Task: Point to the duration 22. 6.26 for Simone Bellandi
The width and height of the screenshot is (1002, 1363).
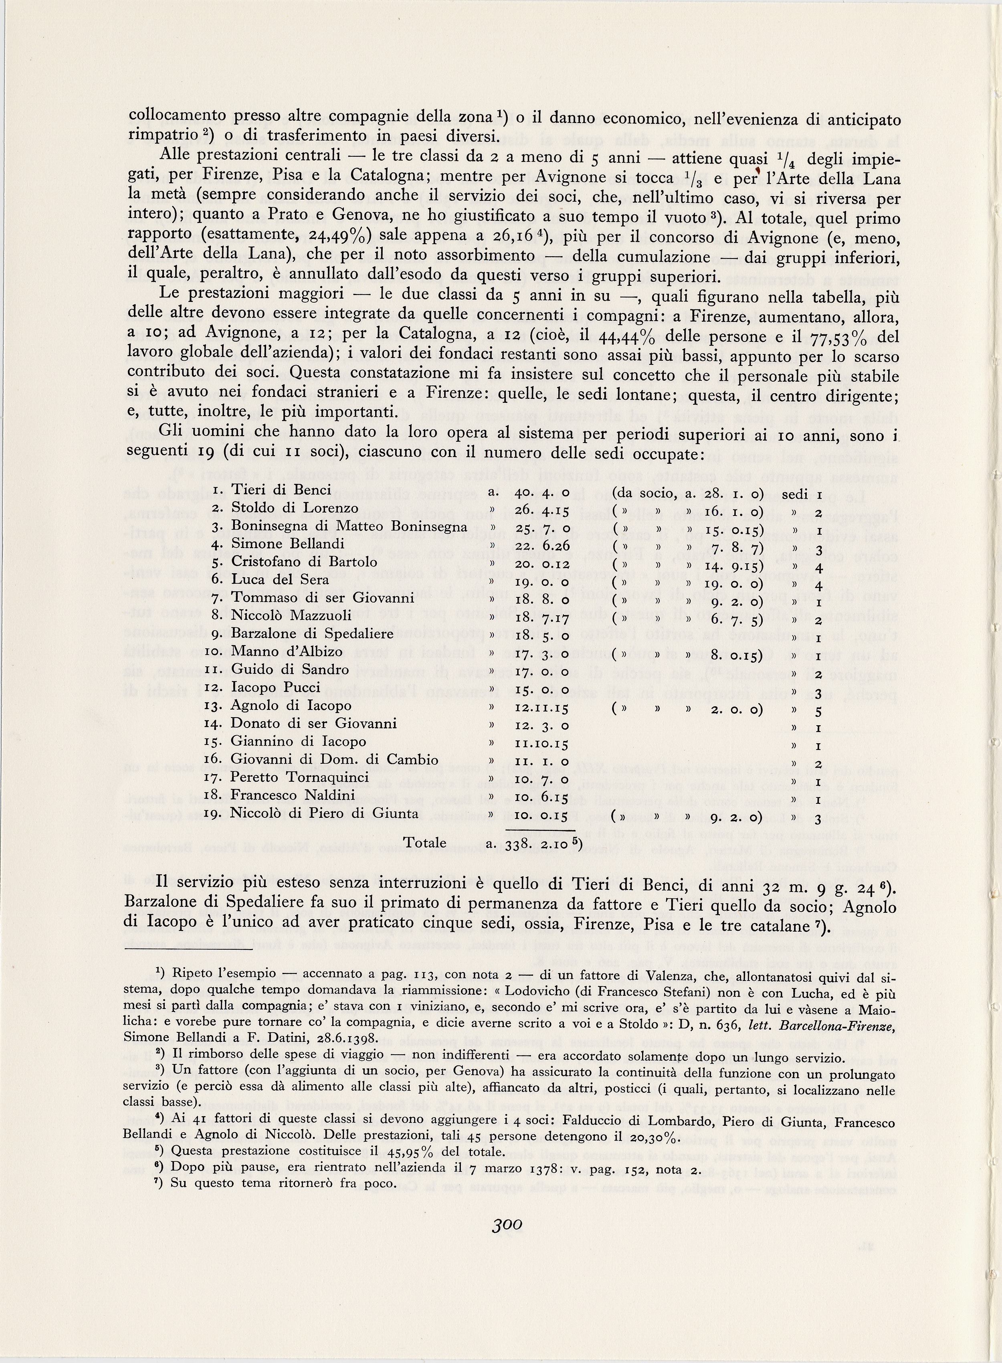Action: [x=541, y=544]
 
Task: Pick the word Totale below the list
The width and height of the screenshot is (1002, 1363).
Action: [x=425, y=843]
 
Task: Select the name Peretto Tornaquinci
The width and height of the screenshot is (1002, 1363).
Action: [x=300, y=778]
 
